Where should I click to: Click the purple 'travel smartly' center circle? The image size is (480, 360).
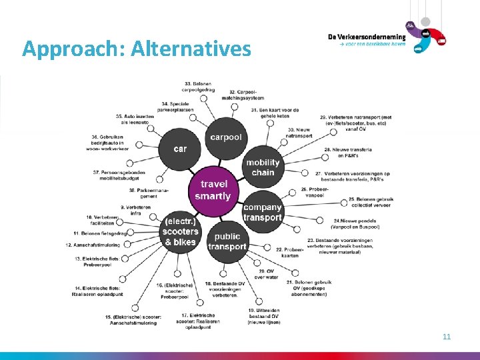point(213,190)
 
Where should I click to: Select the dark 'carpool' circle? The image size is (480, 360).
point(226,137)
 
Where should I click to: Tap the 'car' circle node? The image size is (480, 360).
point(181,149)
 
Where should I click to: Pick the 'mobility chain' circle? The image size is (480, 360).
point(263,167)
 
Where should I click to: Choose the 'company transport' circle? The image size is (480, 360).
point(262,212)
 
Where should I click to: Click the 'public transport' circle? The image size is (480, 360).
point(227,241)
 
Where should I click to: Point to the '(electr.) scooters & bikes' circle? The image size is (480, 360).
point(180,232)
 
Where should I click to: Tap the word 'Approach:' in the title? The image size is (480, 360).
point(74,49)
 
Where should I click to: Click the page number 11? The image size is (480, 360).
point(447,337)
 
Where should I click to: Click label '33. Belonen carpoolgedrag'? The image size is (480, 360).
point(198,85)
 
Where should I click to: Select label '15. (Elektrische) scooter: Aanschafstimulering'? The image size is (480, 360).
point(132,319)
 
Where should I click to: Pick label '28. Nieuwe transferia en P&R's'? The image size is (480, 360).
point(346,153)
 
